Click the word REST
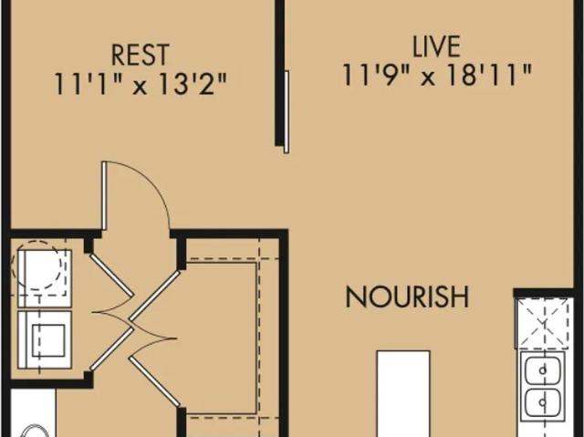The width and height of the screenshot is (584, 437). (140, 55)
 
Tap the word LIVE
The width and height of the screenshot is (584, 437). (436, 47)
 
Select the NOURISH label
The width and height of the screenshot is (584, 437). (408, 297)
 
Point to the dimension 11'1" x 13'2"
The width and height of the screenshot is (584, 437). (141, 83)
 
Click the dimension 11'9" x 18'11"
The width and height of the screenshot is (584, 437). (436, 75)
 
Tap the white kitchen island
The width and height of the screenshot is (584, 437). (403, 393)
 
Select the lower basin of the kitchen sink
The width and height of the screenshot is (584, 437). (544, 403)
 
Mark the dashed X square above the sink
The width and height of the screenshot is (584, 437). (545, 323)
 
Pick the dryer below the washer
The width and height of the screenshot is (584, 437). (45, 340)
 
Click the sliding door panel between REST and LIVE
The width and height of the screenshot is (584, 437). (287, 111)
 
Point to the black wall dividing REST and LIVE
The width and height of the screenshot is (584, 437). (279, 73)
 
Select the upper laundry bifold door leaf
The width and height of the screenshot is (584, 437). (111, 275)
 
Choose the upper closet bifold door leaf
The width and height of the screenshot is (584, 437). (155, 296)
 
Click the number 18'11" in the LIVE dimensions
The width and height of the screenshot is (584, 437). (489, 75)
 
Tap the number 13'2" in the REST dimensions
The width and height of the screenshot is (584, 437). (191, 83)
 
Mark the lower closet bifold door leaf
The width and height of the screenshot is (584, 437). (155, 382)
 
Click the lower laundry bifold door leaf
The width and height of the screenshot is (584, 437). (111, 349)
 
